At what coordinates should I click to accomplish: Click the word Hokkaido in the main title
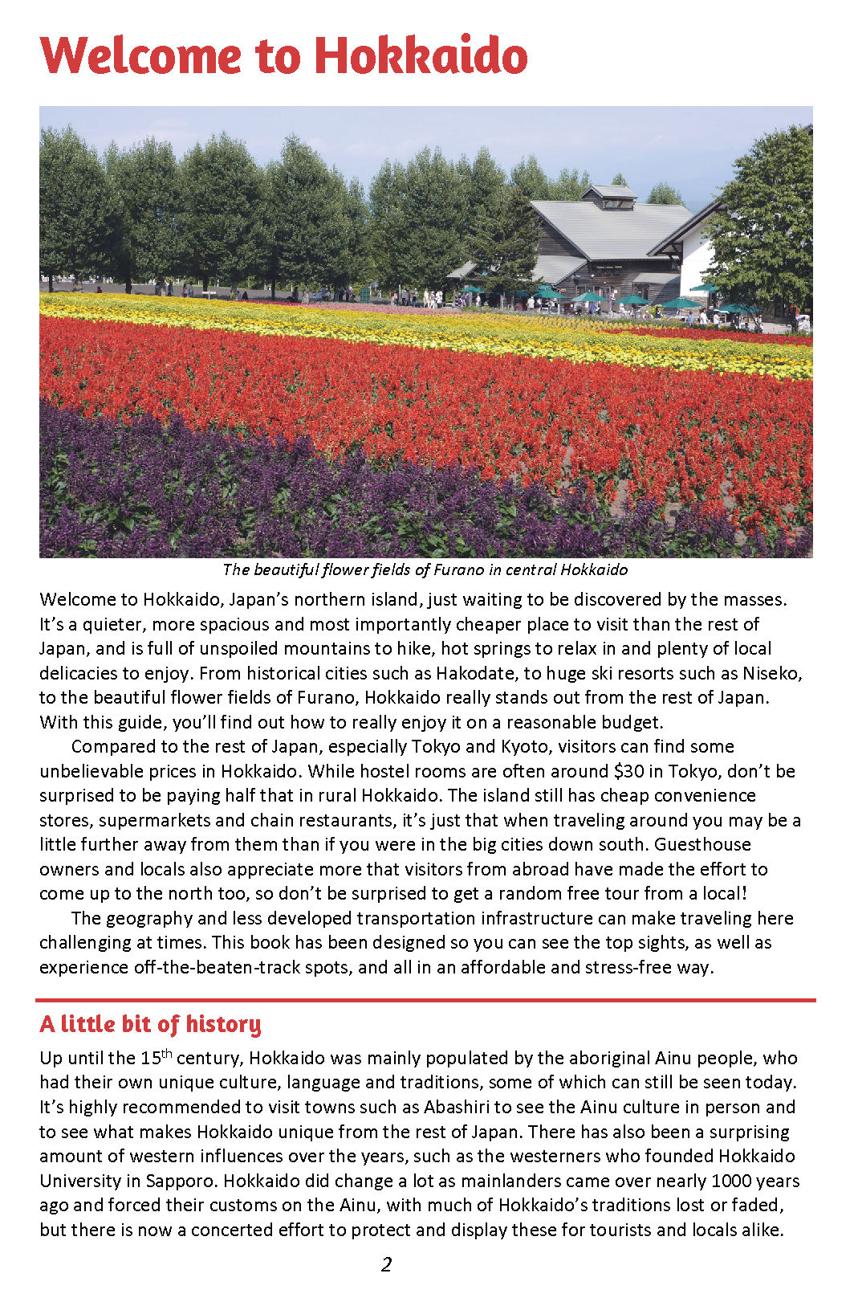pos(421,55)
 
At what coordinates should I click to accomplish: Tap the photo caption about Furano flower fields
pos(425,569)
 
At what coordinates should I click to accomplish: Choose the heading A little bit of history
pos(150,1024)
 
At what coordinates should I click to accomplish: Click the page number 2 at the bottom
pos(386,1265)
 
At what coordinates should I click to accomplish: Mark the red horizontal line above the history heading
pos(425,1000)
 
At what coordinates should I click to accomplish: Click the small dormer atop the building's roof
pos(612,196)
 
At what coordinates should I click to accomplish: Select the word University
pos(79,1181)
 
